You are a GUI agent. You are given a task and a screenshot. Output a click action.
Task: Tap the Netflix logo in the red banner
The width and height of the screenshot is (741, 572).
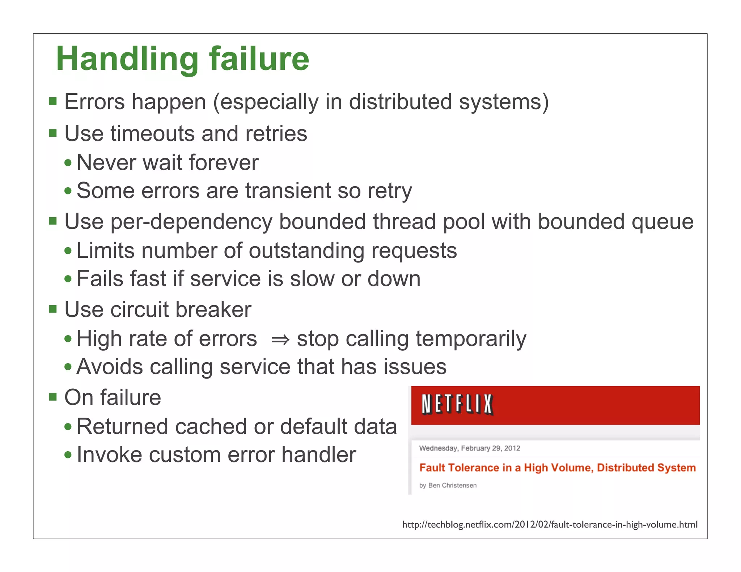click(x=457, y=404)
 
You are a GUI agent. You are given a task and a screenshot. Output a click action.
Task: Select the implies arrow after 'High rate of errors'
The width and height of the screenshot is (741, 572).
click(x=280, y=340)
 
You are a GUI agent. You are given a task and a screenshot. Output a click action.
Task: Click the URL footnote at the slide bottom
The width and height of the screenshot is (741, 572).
click(x=550, y=525)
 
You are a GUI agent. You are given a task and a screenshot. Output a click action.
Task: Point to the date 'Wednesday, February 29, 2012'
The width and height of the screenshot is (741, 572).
click(x=469, y=448)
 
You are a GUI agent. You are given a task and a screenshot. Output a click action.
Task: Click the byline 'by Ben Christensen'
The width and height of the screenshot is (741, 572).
click(x=448, y=485)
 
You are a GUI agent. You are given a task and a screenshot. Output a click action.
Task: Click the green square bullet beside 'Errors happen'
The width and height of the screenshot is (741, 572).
click(x=53, y=101)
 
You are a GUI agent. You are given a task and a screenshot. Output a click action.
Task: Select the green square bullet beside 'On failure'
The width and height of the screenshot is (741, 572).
click(x=53, y=397)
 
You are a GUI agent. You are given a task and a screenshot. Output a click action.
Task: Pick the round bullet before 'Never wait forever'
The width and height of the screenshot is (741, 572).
click(x=68, y=162)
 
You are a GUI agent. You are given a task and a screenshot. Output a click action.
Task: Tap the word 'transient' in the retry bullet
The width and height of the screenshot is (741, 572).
click(x=288, y=191)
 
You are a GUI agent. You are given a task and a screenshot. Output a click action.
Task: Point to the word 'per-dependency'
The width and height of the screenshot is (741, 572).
click(x=191, y=222)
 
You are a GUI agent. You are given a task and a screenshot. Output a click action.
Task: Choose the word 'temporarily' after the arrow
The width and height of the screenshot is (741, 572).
click(x=471, y=339)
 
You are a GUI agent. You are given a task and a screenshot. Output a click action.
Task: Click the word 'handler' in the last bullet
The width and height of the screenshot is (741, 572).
click(x=319, y=454)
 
